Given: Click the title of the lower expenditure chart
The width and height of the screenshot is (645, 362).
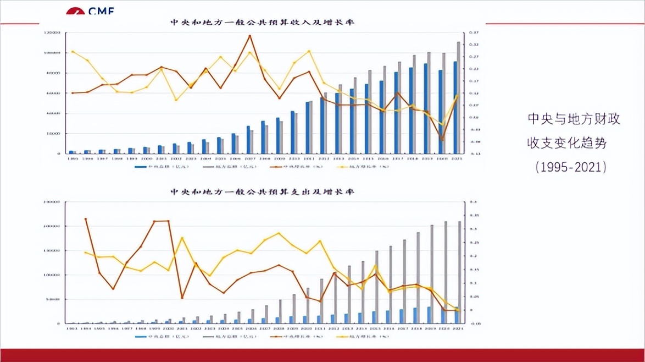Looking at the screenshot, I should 262,192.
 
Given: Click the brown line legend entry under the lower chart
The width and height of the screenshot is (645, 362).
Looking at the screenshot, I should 296,336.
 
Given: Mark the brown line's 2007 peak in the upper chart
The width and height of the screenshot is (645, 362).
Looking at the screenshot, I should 250,36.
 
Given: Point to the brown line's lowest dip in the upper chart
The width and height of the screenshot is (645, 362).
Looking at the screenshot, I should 442,140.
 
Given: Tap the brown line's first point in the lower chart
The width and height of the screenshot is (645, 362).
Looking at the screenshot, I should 85,219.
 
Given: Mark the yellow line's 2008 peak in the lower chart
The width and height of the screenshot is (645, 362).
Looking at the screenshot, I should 279,233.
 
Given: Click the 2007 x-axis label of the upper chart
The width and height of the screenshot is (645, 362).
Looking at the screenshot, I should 249,158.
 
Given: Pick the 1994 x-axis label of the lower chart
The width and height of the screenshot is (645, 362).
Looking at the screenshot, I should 86,328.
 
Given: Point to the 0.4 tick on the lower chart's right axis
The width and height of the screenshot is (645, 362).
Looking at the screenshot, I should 470,202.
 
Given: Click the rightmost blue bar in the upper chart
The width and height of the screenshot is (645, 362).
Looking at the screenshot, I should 455,107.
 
